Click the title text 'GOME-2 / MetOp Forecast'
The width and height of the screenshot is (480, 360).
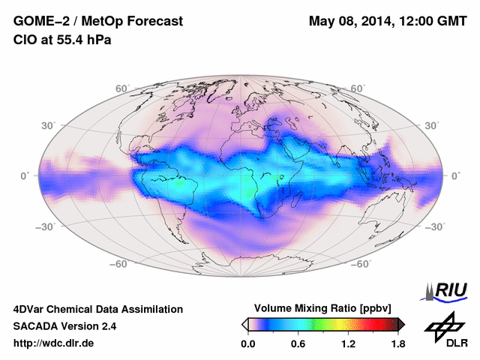[x=98, y=22]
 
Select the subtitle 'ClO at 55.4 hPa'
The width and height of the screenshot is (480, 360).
[x=62, y=40]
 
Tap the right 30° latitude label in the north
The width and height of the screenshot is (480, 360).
[x=432, y=124]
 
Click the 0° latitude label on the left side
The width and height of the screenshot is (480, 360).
[x=24, y=175]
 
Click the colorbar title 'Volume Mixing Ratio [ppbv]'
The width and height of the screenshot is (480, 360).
[x=324, y=308]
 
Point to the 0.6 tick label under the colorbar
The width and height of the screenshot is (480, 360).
[x=298, y=344]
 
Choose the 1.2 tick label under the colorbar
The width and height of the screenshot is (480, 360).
[x=348, y=344]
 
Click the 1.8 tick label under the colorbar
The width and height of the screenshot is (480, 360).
[x=397, y=344]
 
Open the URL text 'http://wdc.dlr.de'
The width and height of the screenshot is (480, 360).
[x=54, y=344]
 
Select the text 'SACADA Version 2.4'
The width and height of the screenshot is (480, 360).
[x=64, y=326]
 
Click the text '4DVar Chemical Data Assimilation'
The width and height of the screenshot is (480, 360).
[x=97, y=309]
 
